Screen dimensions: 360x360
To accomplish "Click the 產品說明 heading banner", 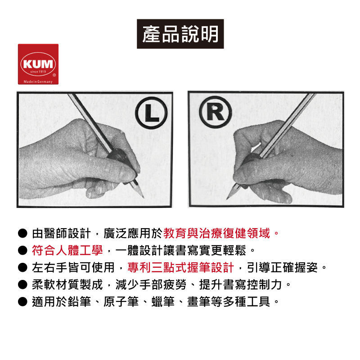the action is click(x=180, y=34).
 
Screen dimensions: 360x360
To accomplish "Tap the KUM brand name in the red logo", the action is click(x=38, y=64).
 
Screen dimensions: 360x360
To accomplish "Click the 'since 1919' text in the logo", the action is click(x=38, y=72).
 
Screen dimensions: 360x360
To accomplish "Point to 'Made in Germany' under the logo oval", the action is click(x=38, y=82).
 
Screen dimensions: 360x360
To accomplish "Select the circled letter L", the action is click(x=151, y=113).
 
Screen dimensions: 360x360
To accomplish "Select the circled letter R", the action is click(x=216, y=112).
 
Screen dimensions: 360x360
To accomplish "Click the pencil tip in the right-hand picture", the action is click(x=227, y=198).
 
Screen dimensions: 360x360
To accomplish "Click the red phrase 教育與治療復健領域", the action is click(x=217, y=233).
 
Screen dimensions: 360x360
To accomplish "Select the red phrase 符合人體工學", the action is click(x=67, y=250).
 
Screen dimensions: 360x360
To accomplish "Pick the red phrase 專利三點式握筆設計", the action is click(x=181, y=267).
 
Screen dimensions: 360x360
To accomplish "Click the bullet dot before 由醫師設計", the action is click(x=22, y=233).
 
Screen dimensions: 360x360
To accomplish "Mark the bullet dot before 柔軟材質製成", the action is click(x=22, y=285).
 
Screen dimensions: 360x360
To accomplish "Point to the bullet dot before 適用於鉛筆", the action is click(x=22, y=301).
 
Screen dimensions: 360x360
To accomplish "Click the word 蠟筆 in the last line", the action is click(x=163, y=301).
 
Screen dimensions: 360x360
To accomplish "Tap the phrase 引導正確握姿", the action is click(x=282, y=267).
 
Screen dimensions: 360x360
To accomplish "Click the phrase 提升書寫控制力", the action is click(x=240, y=285).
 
